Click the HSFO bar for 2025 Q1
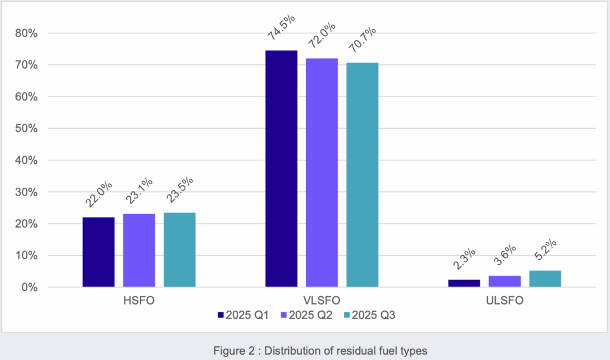click(x=98, y=252)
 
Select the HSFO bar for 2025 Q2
click(x=139, y=250)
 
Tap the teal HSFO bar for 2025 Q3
click(x=179, y=250)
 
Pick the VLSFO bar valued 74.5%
click(x=281, y=169)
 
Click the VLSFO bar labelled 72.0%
click(x=322, y=173)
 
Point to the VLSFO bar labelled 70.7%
click(x=362, y=175)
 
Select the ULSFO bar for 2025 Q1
click(x=464, y=284)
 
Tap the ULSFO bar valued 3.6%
click(x=505, y=281)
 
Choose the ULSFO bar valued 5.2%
click(x=545, y=279)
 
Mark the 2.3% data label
click(x=464, y=260)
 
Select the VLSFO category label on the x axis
click(x=322, y=301)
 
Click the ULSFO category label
click(x=505, y=301)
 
